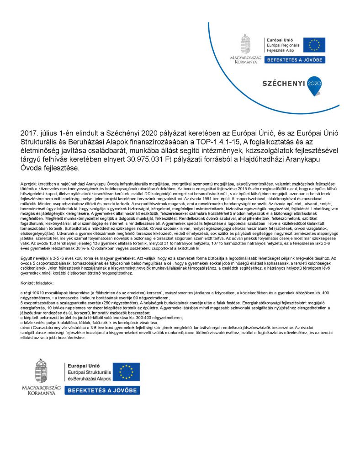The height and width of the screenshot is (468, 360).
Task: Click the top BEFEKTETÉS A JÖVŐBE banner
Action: [295, 60]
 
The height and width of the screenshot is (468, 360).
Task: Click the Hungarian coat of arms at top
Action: [246, 43]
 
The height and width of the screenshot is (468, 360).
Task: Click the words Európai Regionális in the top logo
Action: [283, 45]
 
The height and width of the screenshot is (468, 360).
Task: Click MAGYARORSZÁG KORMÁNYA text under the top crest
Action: [246, 60]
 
